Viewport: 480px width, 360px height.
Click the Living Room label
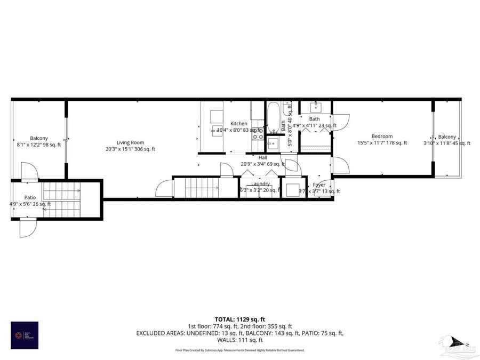coord(131,142)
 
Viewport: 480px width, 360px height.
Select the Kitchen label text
coord(238,124)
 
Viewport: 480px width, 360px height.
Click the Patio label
coord(29,197)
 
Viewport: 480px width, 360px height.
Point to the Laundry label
coord(261,183)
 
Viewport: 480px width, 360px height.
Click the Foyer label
coord(319,185)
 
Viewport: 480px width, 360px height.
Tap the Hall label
coord(263,158)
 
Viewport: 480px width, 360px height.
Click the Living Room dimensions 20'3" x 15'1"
coord(131,149)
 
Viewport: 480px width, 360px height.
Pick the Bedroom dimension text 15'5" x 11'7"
coord(382,143)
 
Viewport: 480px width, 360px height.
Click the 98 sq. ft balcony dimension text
coord(38,145)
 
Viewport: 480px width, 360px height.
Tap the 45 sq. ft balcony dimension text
coord(447,143)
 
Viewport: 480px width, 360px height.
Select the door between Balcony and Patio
coord(29,172)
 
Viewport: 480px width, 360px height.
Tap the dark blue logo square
coord(25,335)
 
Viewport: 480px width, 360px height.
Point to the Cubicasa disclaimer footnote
coord(239,350)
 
